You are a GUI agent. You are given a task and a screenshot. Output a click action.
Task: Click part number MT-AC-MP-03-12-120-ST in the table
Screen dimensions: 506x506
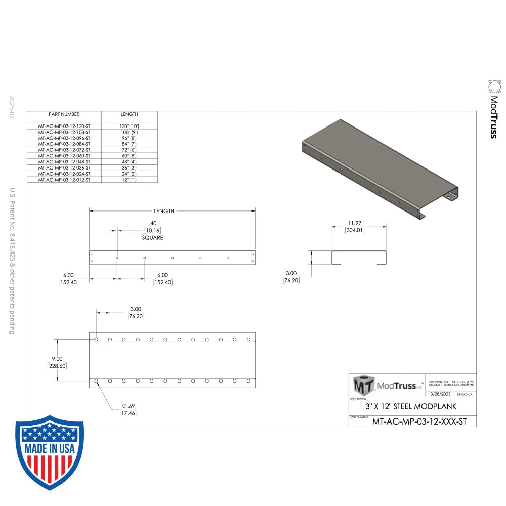pyautogui.click(x=64, y=125)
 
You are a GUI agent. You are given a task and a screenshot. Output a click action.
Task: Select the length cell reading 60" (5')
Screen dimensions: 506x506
pyautogui.click(x=129, y=155)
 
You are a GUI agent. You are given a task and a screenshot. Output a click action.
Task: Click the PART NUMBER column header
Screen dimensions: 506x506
pyautogui.click(x=64, y=114)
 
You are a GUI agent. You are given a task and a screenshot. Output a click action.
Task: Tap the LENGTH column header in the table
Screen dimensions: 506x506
pyautogui.click(x=129, y=114)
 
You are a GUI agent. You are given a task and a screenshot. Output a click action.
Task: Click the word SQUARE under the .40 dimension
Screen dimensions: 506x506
pyautogui.click(x=152, y=238)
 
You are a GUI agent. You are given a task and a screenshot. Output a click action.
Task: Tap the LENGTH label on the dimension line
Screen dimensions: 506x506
pyautogui.click(x=164, y=211)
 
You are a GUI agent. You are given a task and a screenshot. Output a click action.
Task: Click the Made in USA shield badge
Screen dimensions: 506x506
pyautogui.click(x=50, y=452)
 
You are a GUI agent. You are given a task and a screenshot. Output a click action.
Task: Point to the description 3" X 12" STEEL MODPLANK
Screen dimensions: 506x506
pyautogui.click(x=411, y=406)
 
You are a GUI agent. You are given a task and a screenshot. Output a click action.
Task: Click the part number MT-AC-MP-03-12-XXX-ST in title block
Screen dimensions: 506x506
pyautogui.click(x=419, y=421)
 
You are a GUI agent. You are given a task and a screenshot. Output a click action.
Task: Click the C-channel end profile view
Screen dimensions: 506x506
pyautogui.click(x=359, y=258)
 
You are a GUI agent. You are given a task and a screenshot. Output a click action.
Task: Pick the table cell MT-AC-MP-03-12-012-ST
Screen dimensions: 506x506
pyautogui.click(x=64, y=180)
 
